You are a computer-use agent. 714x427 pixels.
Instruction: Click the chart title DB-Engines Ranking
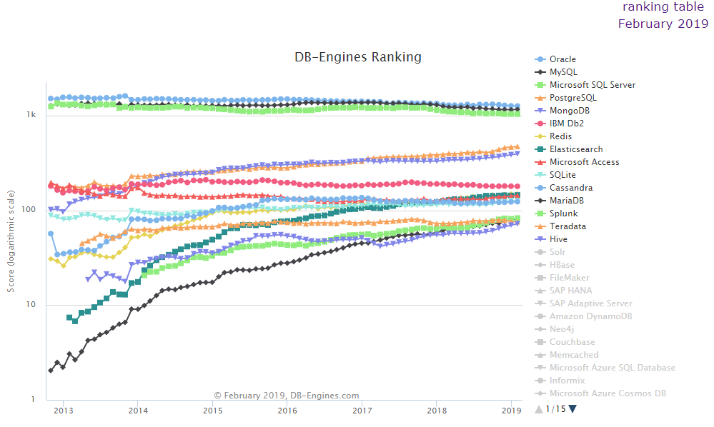(x=358, y=57)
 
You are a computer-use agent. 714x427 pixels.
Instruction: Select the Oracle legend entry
(x=562, y=59)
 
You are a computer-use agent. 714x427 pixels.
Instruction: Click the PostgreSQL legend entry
(x=572, y=98)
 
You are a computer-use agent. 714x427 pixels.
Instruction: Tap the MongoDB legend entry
(x=570, y=111)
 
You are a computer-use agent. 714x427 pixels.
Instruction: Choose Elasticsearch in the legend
(x=576, y=149)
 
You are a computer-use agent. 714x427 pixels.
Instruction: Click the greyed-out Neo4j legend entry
(x=562, y=329)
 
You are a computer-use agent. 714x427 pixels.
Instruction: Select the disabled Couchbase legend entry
(x=572, y=342)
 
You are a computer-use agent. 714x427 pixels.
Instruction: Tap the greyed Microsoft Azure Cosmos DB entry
(x=608, y=393)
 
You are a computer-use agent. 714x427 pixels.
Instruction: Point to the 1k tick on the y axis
(x=31, y=115)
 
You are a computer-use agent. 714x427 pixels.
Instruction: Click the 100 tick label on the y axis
(x=29, y=210)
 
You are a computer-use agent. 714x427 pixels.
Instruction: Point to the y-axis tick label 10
(x=31, y=305)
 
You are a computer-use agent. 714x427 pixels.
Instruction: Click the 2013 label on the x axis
(x=64, y=411)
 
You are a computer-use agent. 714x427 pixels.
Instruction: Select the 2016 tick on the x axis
(x=287, y=411)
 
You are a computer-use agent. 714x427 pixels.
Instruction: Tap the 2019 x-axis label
(x=511, y=411)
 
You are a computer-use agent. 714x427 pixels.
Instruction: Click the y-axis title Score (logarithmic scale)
(x=11, y=241)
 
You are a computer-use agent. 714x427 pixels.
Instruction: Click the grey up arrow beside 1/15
(x=539, y=409)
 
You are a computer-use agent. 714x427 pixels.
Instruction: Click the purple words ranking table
(x=665, y=7)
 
